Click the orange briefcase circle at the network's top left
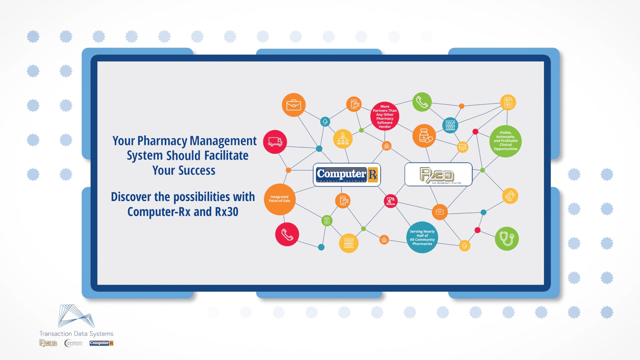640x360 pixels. (293, 105)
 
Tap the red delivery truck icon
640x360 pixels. (275, 142)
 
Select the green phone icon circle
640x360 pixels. (422, 102)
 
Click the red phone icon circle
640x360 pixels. (287, 234)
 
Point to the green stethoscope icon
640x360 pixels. (507, 239)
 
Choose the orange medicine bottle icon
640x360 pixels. (424, 136)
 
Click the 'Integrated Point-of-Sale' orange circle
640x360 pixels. (280, 199)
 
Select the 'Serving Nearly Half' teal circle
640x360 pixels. (422, 237)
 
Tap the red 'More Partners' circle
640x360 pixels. (385, 116)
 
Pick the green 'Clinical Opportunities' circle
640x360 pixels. (506, 141)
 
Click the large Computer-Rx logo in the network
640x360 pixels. (347, 175)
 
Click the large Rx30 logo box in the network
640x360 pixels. (438, 174)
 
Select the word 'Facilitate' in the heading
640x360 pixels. (226, 156)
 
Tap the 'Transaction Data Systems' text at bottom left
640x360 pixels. (76, 334)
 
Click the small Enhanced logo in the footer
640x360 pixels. (73, 343)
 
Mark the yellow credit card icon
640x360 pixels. (510, 196)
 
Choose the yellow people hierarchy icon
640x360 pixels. (343, 139)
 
